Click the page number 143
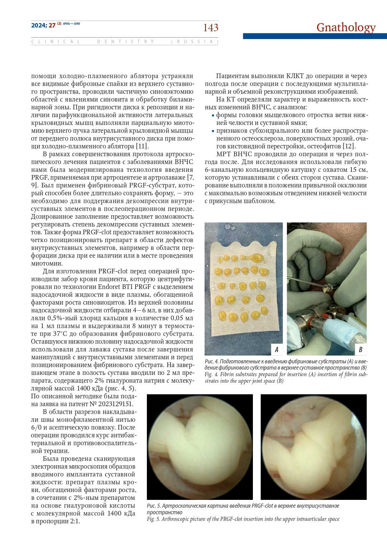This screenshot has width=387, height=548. tap(210, 28)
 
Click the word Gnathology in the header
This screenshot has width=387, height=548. tap(346, 27)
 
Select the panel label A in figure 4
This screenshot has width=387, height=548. tap(276, 349)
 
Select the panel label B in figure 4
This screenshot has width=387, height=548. tap(360, 349)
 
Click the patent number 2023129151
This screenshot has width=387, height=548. tap(116, 404)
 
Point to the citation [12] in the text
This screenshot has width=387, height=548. tap(349, 146)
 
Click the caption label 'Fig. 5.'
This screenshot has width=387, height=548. tap(153, 519)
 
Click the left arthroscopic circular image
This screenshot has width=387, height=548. tap(200, 447)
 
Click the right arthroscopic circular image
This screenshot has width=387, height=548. tap(313, 447)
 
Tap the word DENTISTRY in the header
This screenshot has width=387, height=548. tap(126, 42)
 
